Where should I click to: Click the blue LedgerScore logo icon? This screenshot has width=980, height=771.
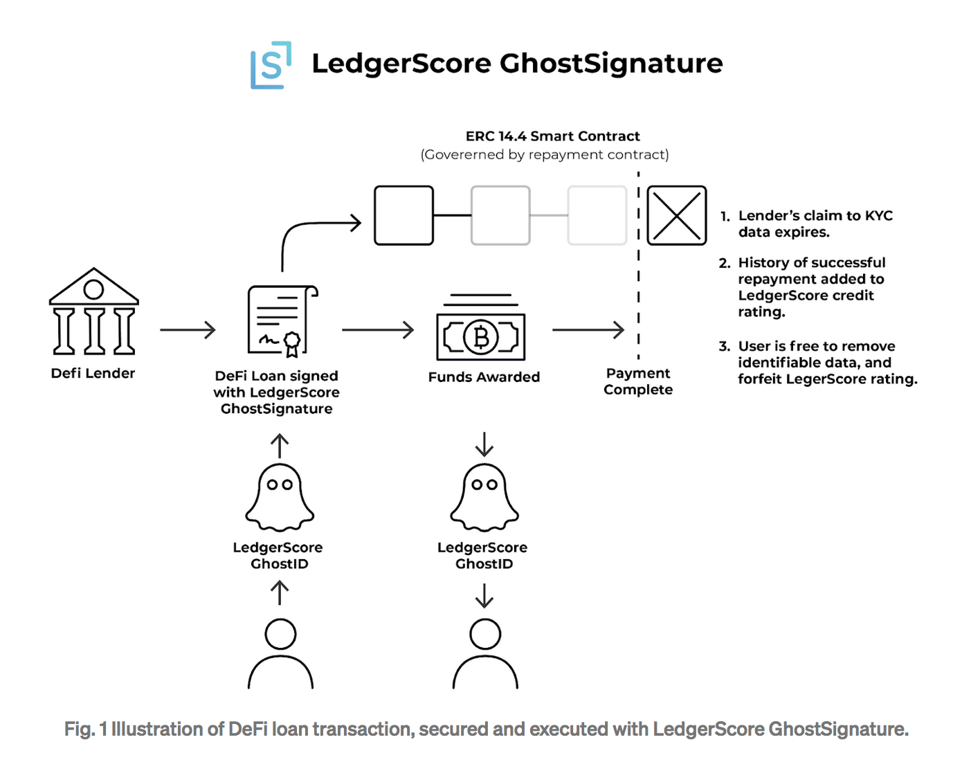[271, 65]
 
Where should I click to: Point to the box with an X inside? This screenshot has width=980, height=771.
[676, 215]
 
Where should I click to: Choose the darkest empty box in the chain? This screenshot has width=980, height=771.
[403, 215]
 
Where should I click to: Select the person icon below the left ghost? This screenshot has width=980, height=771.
[280, 654]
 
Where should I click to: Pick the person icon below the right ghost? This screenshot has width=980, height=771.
[485, 654]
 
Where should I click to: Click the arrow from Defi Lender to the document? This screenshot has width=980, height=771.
[188, 330]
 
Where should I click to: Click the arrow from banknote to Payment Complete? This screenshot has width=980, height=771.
[588, 330]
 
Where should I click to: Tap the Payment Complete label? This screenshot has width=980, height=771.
[638, 381]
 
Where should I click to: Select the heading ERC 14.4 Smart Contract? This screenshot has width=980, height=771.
[552, 136]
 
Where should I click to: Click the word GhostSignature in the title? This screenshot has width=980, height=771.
[611, 64]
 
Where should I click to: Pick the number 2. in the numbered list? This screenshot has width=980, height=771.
[725, 263]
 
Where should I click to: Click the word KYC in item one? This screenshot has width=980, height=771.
[879, 216]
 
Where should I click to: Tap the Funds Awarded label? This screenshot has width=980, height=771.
[484, 377]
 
